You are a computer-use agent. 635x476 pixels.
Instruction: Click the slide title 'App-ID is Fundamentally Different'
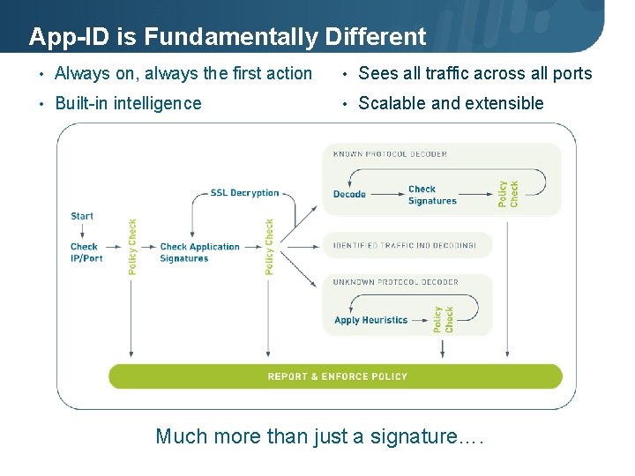(x=227, y=37)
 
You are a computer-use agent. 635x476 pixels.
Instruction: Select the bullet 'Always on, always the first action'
(x=183, y=74)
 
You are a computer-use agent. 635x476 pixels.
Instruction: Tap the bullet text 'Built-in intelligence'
(x=128, y=103)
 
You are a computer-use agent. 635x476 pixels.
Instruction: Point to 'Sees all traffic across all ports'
(x=474, y=74)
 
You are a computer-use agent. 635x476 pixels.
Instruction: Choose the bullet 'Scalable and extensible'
(x=451, y=103)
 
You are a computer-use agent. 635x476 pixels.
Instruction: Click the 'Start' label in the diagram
(x=82, y=216)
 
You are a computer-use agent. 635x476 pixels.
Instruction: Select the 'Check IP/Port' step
(x=86, y=253)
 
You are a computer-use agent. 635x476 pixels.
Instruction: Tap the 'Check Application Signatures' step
(x=199, y=253)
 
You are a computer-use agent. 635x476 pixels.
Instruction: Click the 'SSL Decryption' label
(x=244, y=193)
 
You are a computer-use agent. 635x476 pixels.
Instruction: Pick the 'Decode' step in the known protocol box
(x=349, y=195)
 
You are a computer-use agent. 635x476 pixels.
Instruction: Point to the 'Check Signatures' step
(x=432, y=195)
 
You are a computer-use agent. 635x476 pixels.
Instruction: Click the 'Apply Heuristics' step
(x=370, y=321)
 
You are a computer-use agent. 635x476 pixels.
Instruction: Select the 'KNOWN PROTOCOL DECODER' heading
(x=390, y=154)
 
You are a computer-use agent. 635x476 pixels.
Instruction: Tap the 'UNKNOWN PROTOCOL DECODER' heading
(x=395, y=282)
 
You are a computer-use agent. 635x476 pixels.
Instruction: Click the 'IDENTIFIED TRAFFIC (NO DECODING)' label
(x=404, y=246)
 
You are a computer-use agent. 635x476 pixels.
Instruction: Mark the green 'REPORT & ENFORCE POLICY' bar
(x=335, y=376)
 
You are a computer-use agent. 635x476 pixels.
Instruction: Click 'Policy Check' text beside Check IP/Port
(x=132, y=247)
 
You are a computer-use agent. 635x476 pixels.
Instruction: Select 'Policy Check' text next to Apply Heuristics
(x=443, y=320)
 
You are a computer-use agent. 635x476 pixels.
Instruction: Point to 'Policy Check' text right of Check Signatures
(x=508, y=194)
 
